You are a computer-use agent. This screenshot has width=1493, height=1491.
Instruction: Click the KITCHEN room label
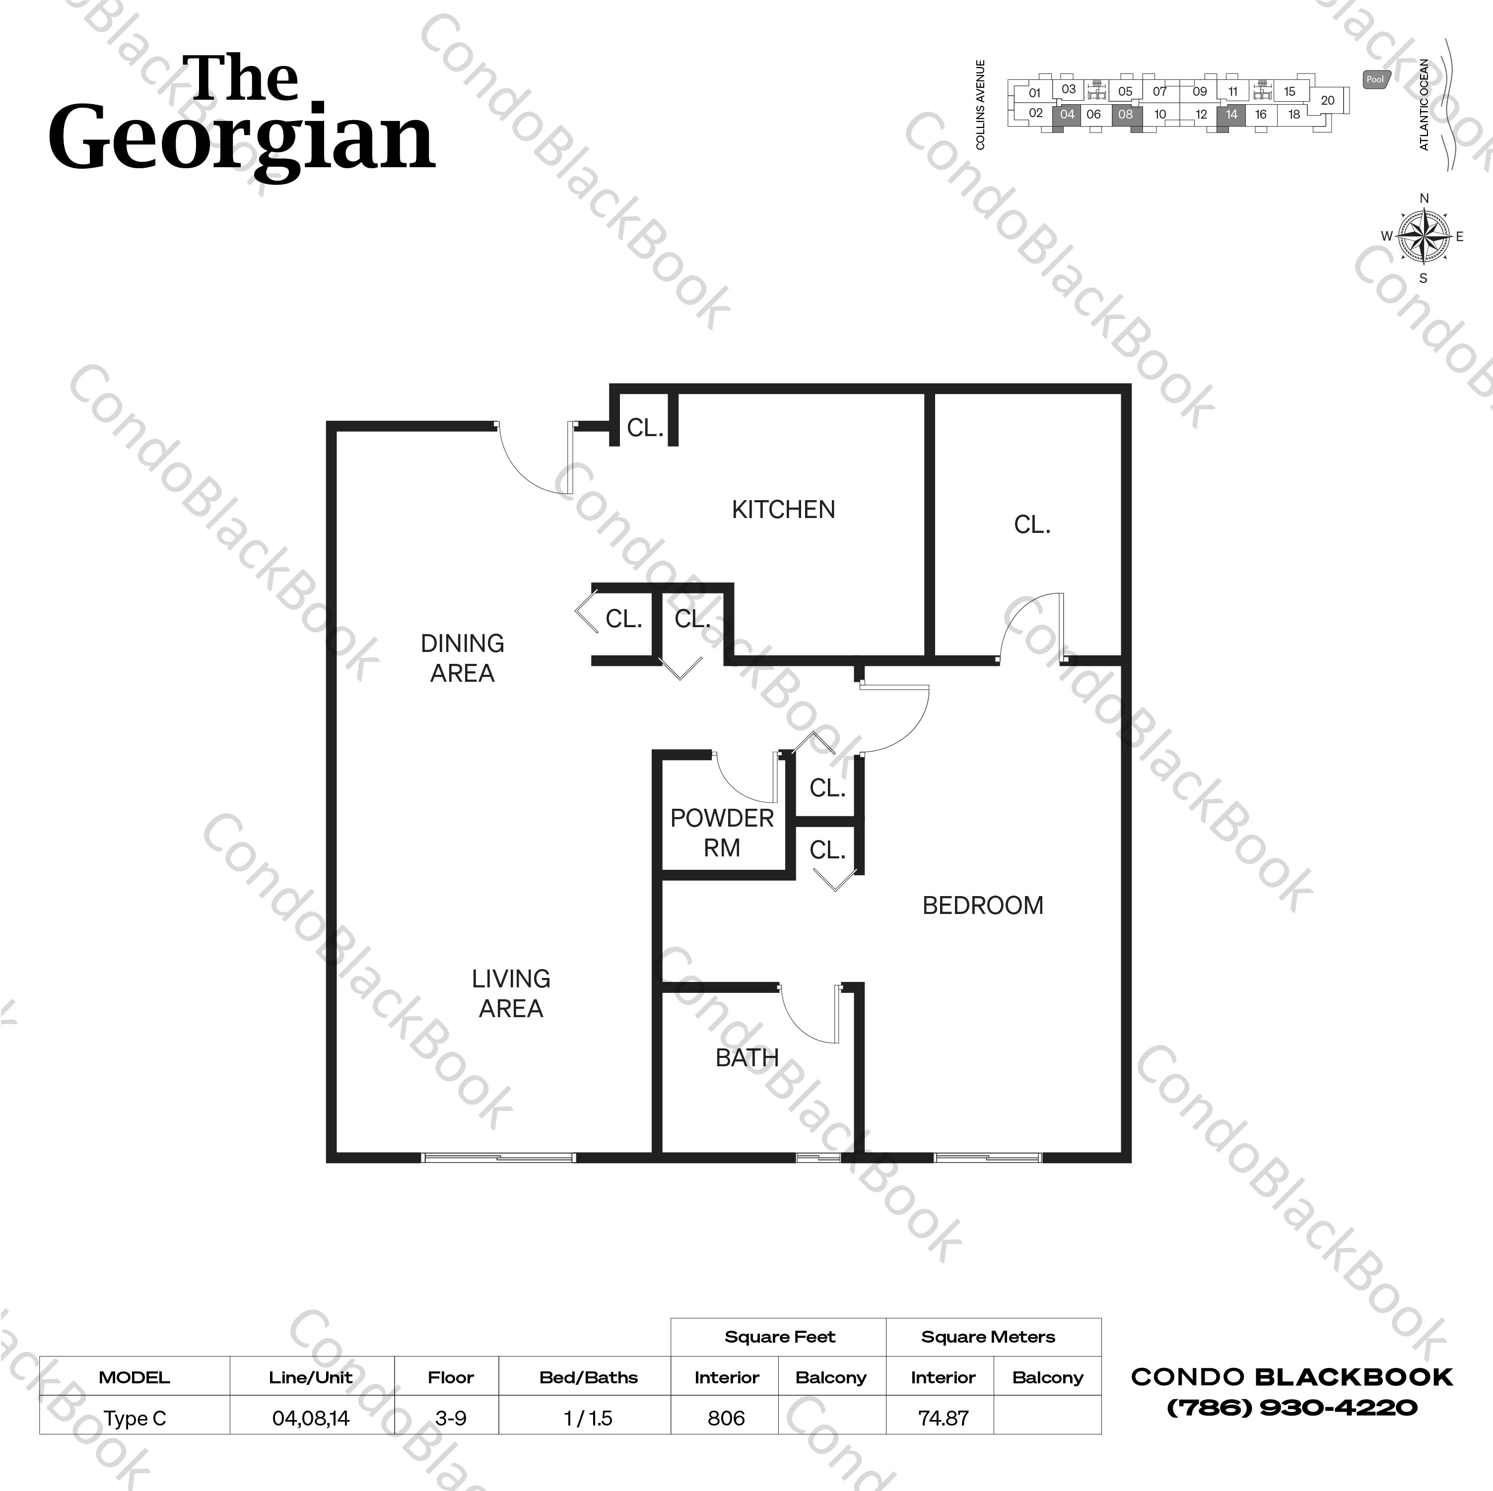(x=783, y=510)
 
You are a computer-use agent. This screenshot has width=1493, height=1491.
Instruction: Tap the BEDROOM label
(x=982, y=906)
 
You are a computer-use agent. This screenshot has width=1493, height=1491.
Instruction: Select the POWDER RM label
(x=722, y=833)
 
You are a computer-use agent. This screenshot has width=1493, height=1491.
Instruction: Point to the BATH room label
(x=746, y=1058)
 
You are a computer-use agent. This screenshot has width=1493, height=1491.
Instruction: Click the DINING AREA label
(x=462, y=658)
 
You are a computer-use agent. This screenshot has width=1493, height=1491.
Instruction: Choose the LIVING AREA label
(x=511, y=993)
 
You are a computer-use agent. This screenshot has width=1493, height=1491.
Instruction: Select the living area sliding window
(x=498, y=1157)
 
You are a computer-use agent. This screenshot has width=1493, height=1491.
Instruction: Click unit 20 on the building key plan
(x=1327, y=100)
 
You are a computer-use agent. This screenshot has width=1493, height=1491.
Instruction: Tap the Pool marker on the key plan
(x=1375, y=79)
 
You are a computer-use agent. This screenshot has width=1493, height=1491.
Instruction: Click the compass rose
(x=1424, y=236)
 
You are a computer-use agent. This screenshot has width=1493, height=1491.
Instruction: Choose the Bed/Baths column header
(x=588, y=1377)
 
